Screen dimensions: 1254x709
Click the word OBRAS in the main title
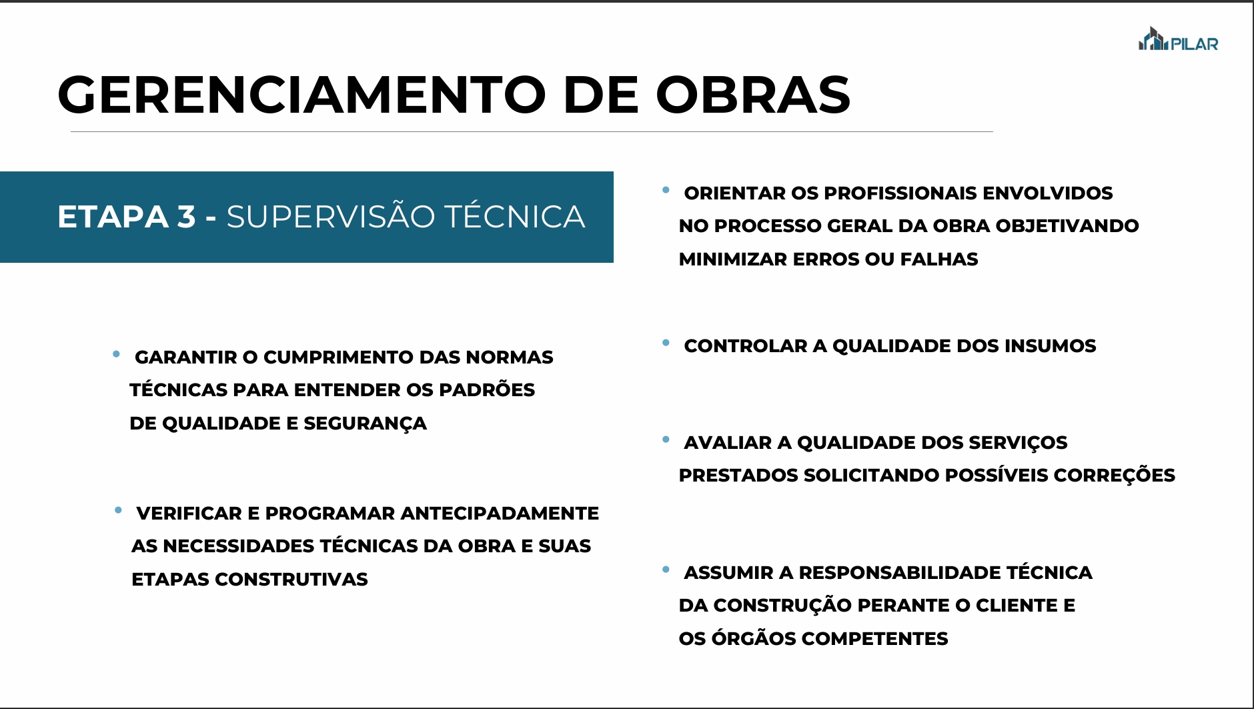753,94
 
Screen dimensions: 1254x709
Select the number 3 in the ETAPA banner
186,217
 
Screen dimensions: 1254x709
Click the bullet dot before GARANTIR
117,354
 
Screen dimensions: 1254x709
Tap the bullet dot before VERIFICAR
118,510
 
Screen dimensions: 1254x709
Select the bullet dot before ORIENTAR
666,190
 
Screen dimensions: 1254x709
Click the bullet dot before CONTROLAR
666,343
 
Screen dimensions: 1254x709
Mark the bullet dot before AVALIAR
666,440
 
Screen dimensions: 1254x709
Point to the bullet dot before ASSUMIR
666,570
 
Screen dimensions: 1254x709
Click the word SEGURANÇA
365,424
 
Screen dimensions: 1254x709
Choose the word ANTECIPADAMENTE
500,513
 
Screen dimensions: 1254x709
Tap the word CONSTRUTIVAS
291,579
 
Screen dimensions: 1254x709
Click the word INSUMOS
1050,345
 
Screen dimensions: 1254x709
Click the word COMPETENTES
874,638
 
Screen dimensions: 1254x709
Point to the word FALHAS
939,259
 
